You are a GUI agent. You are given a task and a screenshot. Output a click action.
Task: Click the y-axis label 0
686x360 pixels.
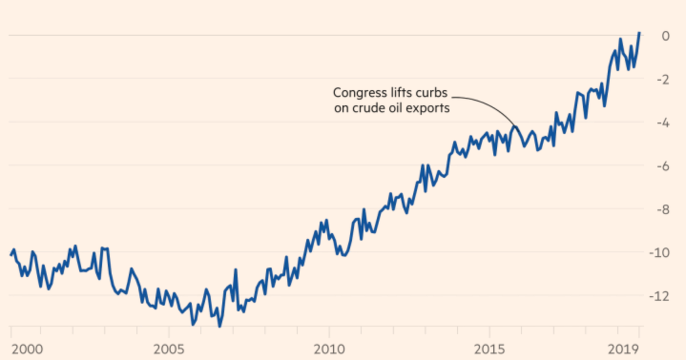[665, 35]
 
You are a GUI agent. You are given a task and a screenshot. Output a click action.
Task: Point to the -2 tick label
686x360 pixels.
[663, 79]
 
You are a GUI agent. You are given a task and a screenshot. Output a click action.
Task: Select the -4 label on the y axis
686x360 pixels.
[663, 122]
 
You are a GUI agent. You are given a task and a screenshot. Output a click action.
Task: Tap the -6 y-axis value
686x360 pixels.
[663, 166]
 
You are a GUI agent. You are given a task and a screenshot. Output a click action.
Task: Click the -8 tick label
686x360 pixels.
[663, 209]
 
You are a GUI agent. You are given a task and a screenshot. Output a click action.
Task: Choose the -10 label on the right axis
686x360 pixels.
[660, 253]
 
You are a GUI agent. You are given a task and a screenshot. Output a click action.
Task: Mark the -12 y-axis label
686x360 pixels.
[660, 296]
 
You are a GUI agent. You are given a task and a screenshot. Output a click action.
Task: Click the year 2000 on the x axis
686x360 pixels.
[26, 348]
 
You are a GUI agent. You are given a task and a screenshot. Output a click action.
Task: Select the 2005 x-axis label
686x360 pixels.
[169, 348]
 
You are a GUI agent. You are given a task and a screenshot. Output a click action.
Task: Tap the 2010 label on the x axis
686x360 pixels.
[329, 348]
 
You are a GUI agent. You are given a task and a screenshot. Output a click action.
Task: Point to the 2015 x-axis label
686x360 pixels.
[489, 348]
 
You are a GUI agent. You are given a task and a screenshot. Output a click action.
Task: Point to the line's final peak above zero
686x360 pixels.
[639, 33]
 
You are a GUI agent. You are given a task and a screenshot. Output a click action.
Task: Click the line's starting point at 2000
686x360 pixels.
[10, 255]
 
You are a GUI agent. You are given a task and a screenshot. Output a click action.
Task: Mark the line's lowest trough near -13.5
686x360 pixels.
[220, 326]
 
